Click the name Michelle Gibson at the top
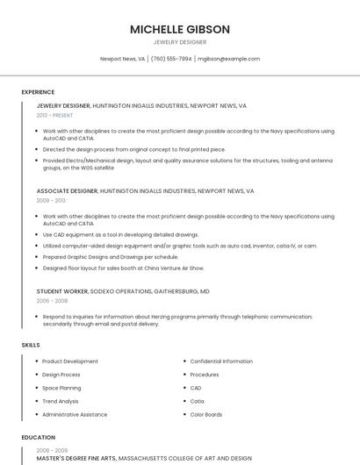pyautogui.click(x=180, y=29)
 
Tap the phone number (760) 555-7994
pyautogui.click(x=171, y=59)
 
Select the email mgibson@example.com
pyautogui.click(x=228, y=59)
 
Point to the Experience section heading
pyautogui.click(x=38, y=92)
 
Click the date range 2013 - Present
pyautogui.click(x=55, y=115)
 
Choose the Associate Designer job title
pyautogui.click(x=67, y=190)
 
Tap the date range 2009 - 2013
pyautogui.click(x=51, y=200)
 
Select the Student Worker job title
pyautogui.click(x=63, y=290)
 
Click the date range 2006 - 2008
pyautogui.click(x=51, y=300)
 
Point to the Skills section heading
pyautogui.click(x=31, y=345)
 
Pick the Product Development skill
pyautogui.click(x=70, y=361)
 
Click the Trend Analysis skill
pyautogui.click(x=61, y=401)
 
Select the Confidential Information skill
pyautogui.click(x=221, y=361)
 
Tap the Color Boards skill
pyautogui.click(x=206, y=414)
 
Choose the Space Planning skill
pyautogui.click(x=61, y=388)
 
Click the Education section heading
pyautogui.click(x=38, y=437)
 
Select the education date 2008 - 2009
pyautogui.click(x=51, y=449)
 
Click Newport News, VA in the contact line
pyautogui.click(x=122, y=59)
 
